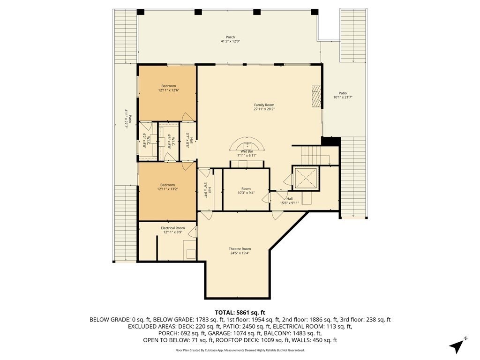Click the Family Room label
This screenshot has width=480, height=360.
(264, 105)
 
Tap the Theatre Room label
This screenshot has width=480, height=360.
(240, 249)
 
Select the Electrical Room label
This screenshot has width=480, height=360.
(172, 228)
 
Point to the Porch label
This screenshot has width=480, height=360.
(230, 37)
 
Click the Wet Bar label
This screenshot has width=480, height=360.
(247, 151)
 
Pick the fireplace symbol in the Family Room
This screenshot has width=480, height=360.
(316, 96)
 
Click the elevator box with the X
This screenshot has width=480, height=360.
(305, 178)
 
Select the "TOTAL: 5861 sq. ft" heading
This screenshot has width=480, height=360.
(240, 313)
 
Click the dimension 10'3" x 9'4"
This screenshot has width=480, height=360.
(246, 193)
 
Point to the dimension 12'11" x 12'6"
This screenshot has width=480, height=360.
(168, 90)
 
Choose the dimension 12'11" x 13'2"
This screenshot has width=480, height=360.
(167, 189)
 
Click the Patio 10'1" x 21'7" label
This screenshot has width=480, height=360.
(343, 95)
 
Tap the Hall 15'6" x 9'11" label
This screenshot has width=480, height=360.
(289, 201)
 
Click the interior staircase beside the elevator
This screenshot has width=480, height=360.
(315, 156)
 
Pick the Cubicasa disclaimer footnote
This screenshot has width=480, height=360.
(240, 350)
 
